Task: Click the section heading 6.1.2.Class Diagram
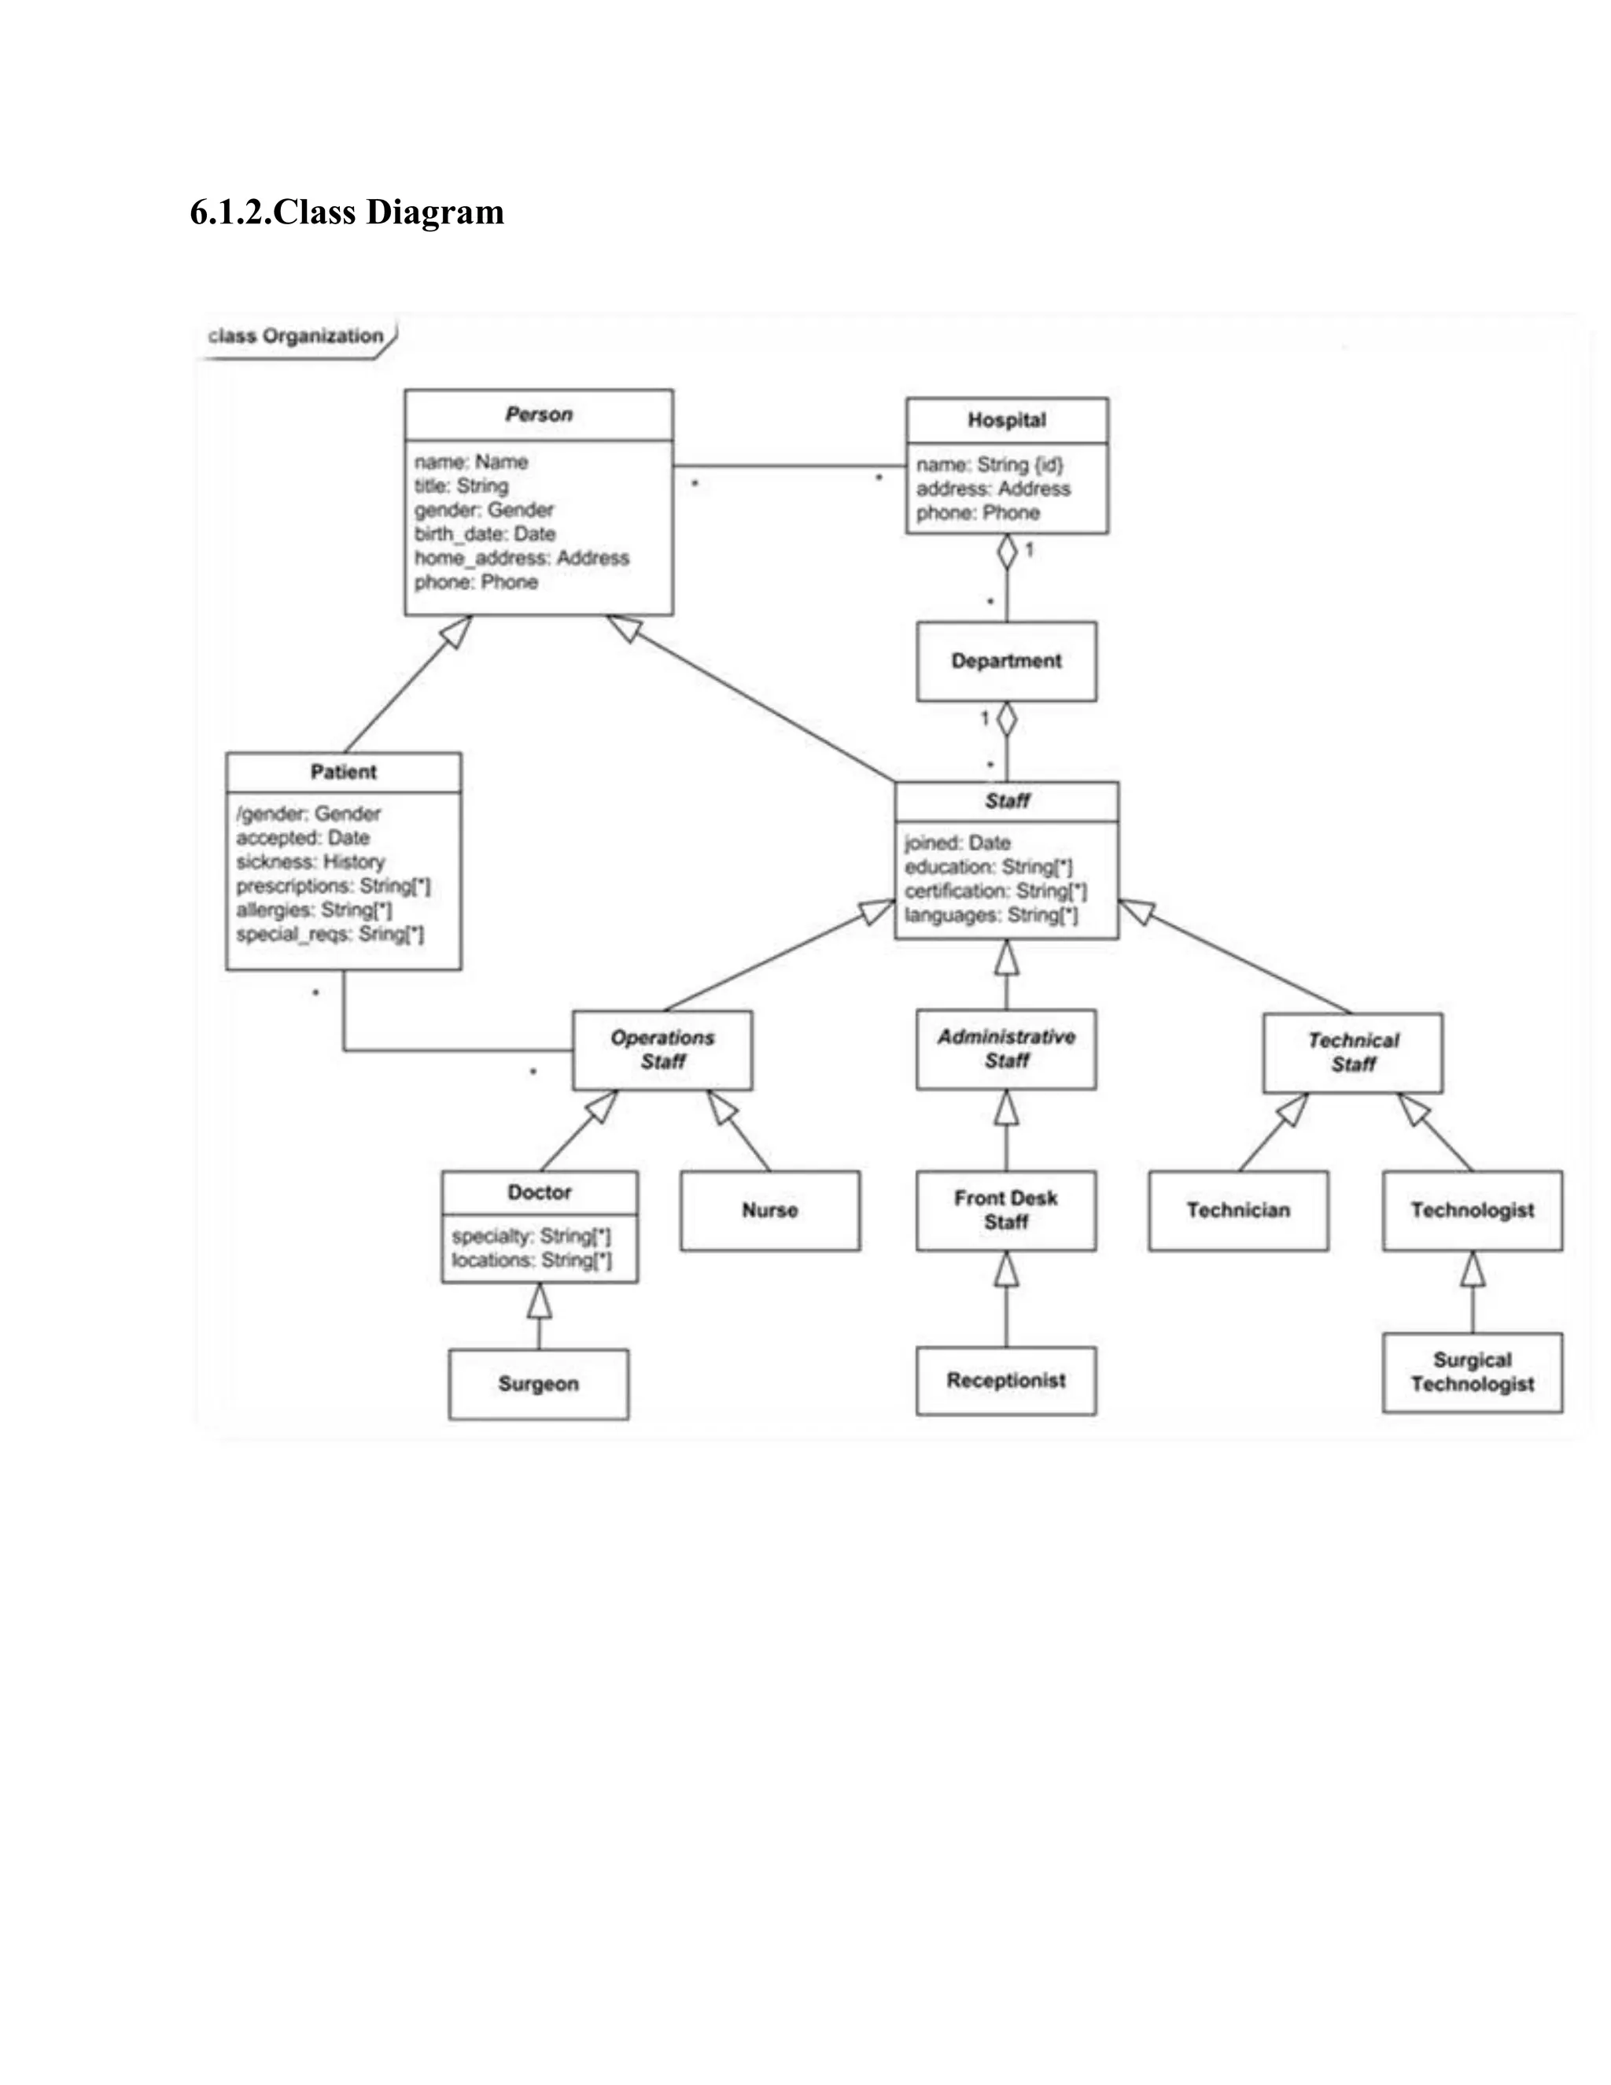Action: pos(346,212)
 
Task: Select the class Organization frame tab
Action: pos(296,336)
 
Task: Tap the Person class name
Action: pos(538,415)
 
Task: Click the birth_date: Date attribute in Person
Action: pos(485,533)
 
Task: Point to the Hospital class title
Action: pos(1006,420)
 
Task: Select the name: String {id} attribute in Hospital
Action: pos(989,465)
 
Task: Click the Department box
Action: pos(1006,661)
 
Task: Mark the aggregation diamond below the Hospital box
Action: pos(1006,552)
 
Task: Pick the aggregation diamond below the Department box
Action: pos(1006,720)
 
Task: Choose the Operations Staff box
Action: pos(662,1050)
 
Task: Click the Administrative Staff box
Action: pos(1006,1049)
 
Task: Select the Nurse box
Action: pos(769,1211)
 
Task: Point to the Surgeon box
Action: pos(538,1384)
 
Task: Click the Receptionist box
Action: pos(1006,1381)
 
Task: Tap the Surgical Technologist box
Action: pos(1472,1373)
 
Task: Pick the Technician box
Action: pos(1238,1211)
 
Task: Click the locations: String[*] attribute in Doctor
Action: pos(532,1261)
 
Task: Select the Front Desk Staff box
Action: pos(1006,1211)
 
